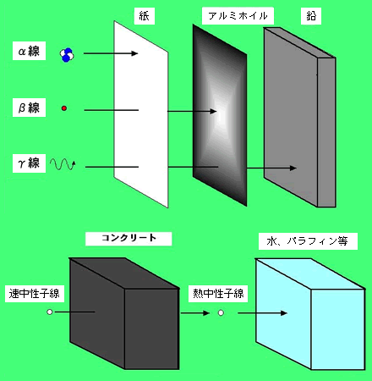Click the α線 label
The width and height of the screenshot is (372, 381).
click(29, 51)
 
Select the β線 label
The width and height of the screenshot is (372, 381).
click(29, 108)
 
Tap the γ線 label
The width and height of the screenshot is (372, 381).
click(29, 163)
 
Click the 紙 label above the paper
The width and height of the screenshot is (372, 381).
click(145, 16)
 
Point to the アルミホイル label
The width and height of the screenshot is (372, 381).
click(238, 16)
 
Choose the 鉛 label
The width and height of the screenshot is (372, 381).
click(311, 16)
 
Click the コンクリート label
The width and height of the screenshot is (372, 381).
click(129, 239)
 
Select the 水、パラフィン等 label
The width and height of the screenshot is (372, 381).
click(308, 241)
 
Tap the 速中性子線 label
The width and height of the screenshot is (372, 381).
click(35, 294)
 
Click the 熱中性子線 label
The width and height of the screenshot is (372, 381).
click(218, 294)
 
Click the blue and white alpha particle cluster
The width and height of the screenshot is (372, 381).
click(67, 55)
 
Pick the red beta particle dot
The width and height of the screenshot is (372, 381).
click(64, 108)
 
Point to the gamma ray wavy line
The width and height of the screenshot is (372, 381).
click(63, 164)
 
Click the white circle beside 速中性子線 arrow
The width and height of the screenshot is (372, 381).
click(50, 312)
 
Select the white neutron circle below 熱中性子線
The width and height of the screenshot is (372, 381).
click(221, 312)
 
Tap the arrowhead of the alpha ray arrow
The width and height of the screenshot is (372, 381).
click(135, 53)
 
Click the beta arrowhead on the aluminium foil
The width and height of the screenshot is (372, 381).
click(213, 111)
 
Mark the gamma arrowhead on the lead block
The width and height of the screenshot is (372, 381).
click(293, 168)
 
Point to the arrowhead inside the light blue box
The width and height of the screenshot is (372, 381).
click(284, 313)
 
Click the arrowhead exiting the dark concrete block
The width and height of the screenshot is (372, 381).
click(206, 312)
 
